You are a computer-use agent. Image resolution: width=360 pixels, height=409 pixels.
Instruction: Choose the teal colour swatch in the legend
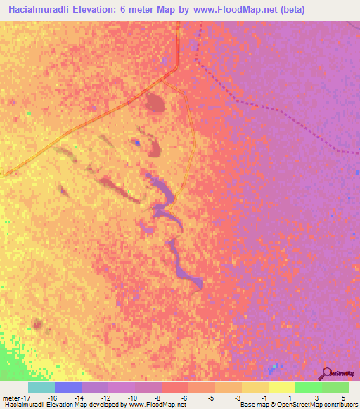[41, 387]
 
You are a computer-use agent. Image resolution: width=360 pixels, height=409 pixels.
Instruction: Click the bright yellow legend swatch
[281, 387]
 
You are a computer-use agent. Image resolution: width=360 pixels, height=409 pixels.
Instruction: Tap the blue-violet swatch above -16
[67, 387]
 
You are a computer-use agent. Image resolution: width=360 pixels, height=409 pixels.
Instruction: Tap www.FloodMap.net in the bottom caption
[151, 405]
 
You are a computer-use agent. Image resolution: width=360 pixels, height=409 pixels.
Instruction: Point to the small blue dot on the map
[138, 143]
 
